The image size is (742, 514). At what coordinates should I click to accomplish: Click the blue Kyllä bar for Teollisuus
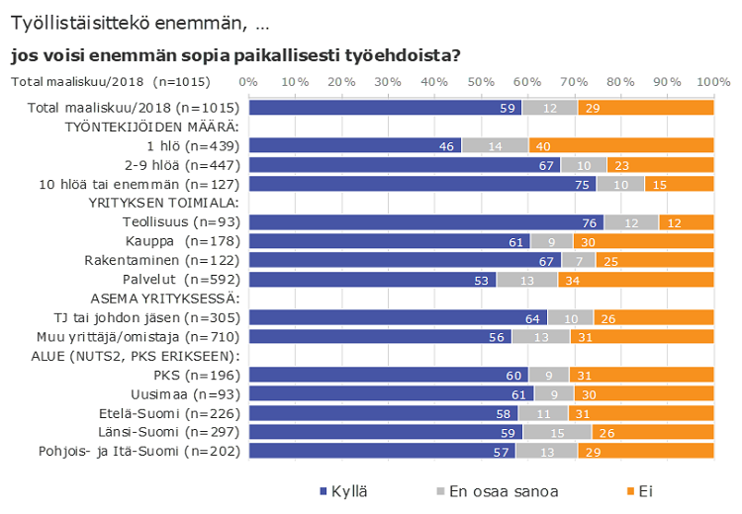pyautogui.click(x=425, y=222)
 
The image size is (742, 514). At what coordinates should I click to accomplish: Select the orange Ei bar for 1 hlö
pyautogui.click(x=620, y=146)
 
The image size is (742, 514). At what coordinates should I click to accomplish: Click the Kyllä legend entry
pyautogui.click(x=346, y=491)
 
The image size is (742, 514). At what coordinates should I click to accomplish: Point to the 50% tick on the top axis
pyautogui.click(x=482, y=80)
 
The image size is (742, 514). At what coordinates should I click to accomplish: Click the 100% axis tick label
pyautogui.click(x=712, y=80)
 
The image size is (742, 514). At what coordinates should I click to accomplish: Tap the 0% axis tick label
pyautogui.click(x=249, y=80)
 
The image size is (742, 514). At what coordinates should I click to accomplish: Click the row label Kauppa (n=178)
pyautogui.click(x=182, y=241)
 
